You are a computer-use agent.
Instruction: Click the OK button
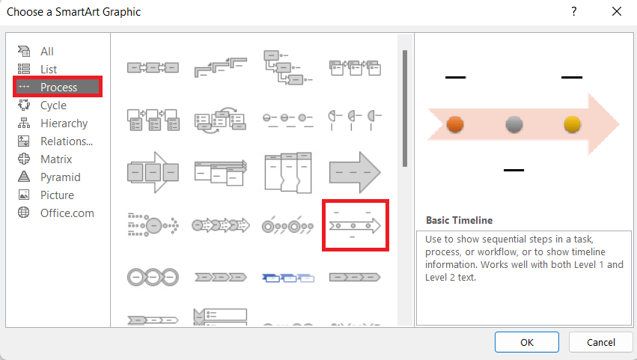tap(527, 342)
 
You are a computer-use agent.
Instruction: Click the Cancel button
tap(601, 342)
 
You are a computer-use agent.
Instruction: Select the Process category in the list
tap(58, 87)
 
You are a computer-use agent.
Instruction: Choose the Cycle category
tap(53, 106)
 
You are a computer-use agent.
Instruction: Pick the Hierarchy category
tap(64, 123)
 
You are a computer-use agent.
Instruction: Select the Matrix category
tap(56, 159)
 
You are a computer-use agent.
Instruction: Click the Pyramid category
tap(60, 177)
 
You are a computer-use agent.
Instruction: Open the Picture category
tap(57, 195)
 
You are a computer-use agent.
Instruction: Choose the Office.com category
tap(67, 213)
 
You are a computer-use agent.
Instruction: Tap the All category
tap(47, 52)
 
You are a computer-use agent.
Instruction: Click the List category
tap(49, 70)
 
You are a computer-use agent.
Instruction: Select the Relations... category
tap(67, 141)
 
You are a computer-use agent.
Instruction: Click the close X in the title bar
tap(617, 11)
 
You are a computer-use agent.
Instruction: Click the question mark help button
tap(574, 11)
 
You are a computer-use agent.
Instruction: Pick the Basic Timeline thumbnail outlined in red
tap(355, 225)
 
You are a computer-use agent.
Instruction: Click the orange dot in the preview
tap(455, 124)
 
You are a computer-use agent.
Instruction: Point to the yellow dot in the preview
tap(572, 124)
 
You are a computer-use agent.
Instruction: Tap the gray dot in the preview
tap(513, 124)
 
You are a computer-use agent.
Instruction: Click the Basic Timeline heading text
tap(459, 221)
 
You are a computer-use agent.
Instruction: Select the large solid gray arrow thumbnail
tap(355, 171)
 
